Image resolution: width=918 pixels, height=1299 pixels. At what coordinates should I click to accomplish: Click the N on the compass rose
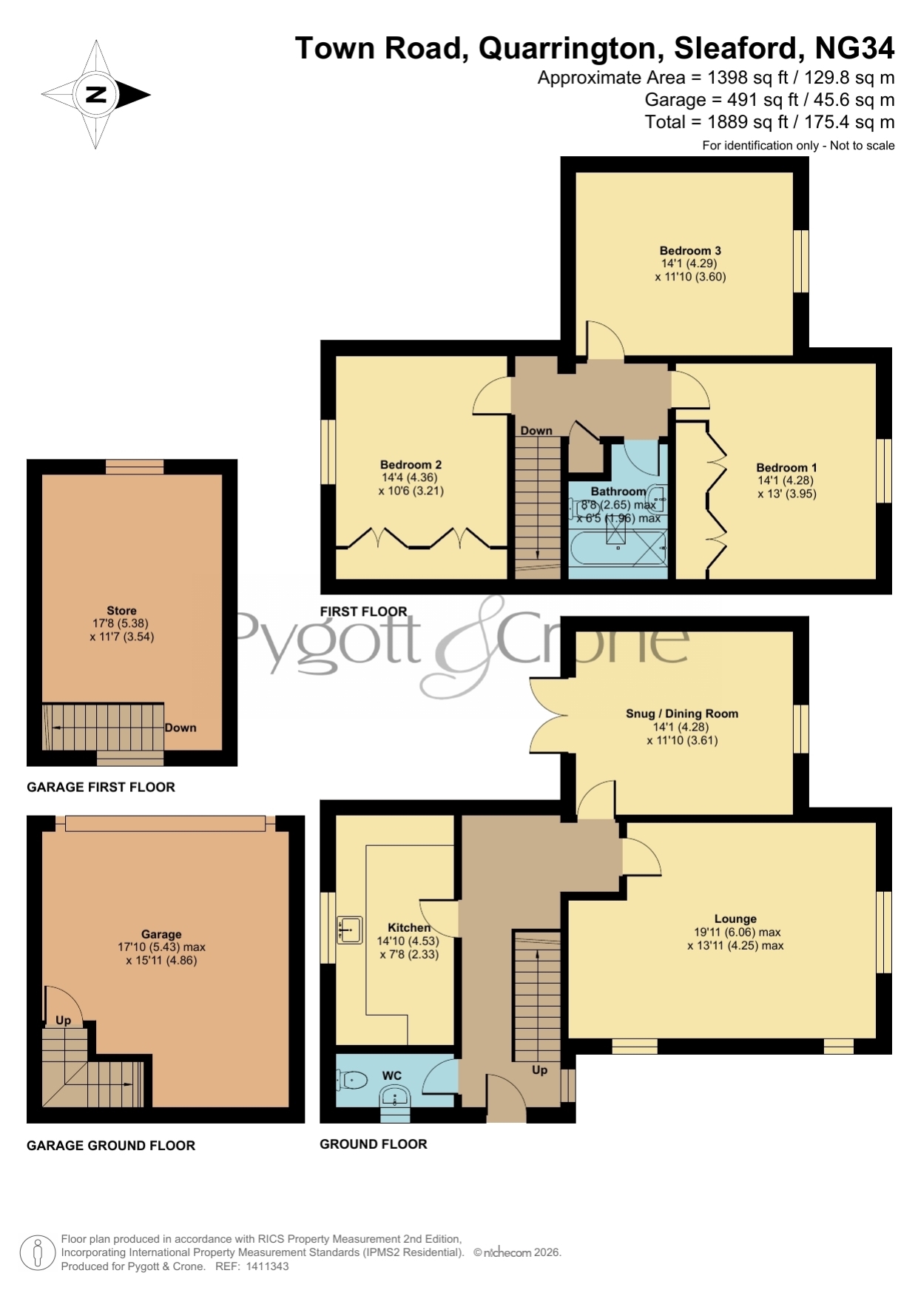point(95,94)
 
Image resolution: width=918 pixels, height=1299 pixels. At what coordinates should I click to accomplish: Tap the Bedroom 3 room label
point(690,251)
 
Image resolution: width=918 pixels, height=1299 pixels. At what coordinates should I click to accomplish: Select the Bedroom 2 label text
point(411,465)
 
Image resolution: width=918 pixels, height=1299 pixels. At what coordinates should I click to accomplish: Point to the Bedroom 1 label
point(786,468)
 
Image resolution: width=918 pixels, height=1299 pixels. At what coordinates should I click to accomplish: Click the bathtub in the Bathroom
point(618,551)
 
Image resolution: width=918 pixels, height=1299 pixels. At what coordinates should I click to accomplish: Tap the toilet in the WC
point(352,1080)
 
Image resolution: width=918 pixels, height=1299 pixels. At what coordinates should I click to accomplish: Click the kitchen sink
point(349,930)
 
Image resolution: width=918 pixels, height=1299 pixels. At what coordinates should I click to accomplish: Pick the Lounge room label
point(735,919)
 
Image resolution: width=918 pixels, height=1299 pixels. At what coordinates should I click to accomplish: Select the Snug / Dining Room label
point(682,714)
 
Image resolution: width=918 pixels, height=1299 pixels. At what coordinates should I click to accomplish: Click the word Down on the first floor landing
point(536,431)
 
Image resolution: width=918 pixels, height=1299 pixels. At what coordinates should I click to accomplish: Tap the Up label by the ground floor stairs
point(540,1070)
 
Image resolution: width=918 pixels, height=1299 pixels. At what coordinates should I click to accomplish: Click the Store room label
point(121,611)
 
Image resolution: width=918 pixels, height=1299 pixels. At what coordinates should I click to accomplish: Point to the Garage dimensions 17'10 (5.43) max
point(161,947)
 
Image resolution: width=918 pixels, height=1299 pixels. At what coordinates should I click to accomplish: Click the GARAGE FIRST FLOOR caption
point(101,788)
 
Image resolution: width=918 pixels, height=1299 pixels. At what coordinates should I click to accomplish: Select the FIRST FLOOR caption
point(363,611)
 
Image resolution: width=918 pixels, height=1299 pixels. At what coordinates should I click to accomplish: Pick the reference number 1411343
point(267,1266)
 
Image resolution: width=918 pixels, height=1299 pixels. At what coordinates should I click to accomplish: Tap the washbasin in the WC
point(395,1098)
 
